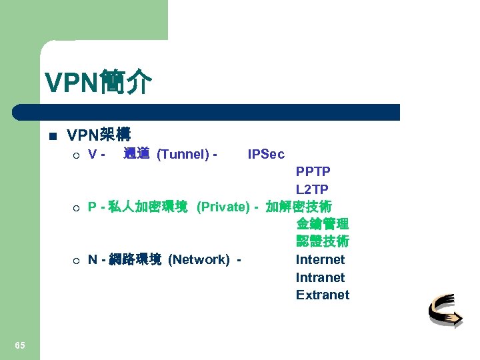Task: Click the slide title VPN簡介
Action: pyautogui.click(x=99, y=83)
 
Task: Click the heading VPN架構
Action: pyautogui.click(x=99, y=135)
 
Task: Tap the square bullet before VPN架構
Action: pyautogui.click(x=53, y=136)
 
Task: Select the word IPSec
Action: pyautogui.click(x=266, y=155)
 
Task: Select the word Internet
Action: pyautogui.click(x=320, y=259)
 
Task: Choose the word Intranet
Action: pyautogui.click(x=320, y=277)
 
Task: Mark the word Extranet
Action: pyautogui.click(x=323, y=295)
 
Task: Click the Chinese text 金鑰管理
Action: pyautogui.click(x=323, y=224)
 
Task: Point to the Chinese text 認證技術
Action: pyautogui.click(x=323, y=241)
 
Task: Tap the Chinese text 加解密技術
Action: pyautogui.click(x=299, y=207)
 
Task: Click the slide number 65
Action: pyautogui.click(x=20, y=345)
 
